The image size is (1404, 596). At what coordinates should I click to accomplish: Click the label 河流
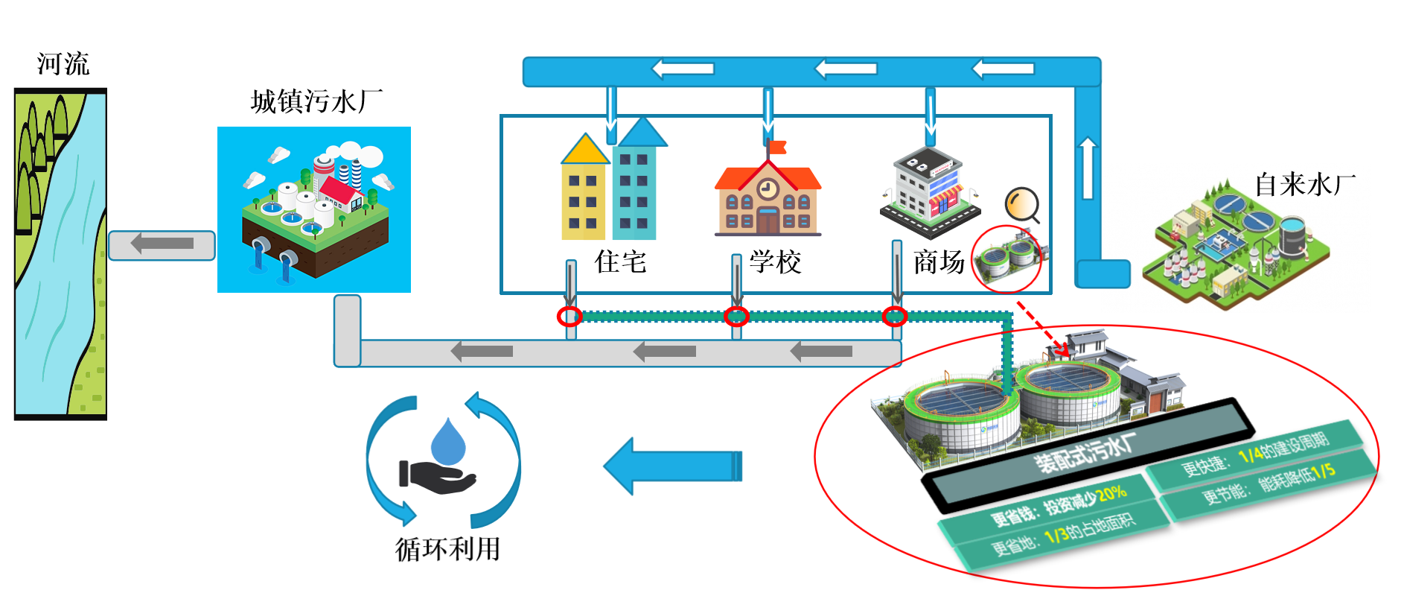(63, 64)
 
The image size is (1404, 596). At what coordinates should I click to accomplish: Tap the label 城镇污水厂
(316, 101)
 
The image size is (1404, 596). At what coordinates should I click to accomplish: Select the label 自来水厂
(1304, 184)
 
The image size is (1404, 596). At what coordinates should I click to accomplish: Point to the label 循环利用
(447, 549)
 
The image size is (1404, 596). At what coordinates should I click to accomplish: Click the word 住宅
(620, 261)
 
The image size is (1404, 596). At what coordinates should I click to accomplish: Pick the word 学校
(775, 261)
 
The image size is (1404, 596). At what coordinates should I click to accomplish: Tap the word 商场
(939, 261)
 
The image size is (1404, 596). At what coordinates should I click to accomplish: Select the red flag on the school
(777, 147)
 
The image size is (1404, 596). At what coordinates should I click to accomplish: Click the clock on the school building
(768, 189)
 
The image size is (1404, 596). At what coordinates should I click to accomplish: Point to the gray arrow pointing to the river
(162, 244)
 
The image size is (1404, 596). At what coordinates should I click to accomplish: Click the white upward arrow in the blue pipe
(1088, 167)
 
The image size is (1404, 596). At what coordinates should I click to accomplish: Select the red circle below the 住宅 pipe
(569, 317)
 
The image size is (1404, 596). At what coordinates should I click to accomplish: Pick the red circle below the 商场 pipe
(895, 317)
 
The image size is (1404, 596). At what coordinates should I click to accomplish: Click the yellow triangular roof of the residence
(585, 150)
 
